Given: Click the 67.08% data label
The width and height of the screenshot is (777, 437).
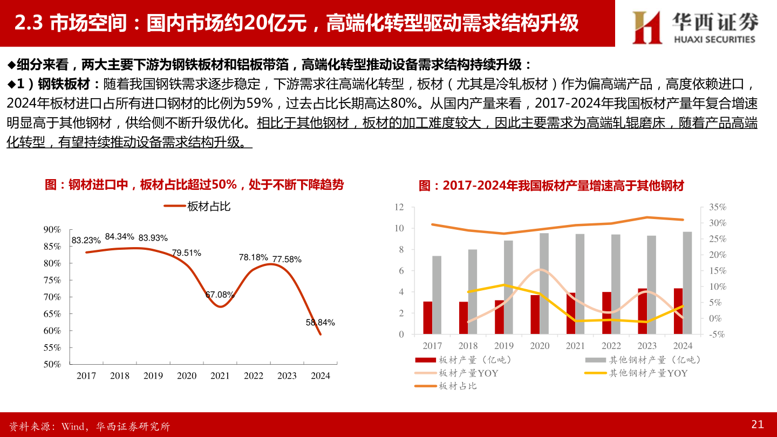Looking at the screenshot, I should (220, 295).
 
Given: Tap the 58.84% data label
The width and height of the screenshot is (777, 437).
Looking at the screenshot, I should (320, 323).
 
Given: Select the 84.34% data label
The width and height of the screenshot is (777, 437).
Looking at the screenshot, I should (119, 236).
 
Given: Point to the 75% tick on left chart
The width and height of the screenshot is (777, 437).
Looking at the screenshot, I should (52, 280).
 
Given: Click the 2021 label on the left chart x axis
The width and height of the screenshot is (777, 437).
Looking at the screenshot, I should (220, 376).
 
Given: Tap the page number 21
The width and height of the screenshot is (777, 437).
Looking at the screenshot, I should (757, 425).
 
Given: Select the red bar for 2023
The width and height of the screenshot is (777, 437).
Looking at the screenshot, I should (642, 311).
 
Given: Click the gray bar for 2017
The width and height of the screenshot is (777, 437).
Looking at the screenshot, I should (437, 295).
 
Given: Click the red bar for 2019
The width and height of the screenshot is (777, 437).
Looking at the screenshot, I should (499, 317).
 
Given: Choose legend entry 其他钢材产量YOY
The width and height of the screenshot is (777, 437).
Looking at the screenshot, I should (647, 373).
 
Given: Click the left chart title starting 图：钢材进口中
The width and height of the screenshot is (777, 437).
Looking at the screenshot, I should (194, 185).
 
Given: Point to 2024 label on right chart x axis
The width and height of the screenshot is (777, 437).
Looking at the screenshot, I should (683, 346).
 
